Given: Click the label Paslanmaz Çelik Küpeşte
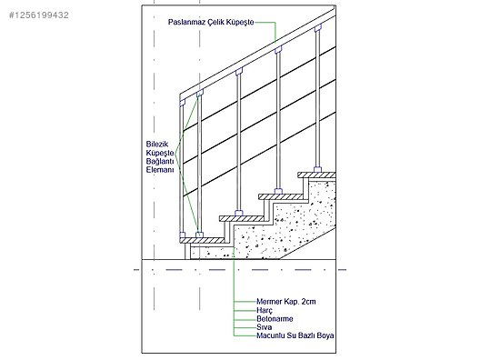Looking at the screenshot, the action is pos(211,22).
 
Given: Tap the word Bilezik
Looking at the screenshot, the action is pos(157,145).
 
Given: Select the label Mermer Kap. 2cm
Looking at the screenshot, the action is pos(286,302).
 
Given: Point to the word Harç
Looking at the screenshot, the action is pos(265,311).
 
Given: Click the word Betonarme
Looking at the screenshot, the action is pos(275,319).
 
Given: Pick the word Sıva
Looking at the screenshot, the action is pos(264,327).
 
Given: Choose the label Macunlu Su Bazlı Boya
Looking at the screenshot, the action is pos(295,335).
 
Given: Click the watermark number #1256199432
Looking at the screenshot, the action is pos(39,15).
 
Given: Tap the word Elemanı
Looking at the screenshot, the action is pos(160,170).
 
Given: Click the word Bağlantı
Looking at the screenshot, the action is pos(160,161).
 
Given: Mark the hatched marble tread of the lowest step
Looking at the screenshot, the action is pos(202,241).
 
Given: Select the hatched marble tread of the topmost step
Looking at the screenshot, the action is pos(316,175).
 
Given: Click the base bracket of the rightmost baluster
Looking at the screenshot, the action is pos(318,170).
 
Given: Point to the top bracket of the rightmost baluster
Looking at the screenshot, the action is pos(318,28).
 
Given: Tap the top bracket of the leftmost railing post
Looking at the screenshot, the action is pos(182,103).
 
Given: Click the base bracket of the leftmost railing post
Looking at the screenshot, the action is pos(182,235).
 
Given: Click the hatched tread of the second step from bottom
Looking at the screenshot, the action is pos(242,218).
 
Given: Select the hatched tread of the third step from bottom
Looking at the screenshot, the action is pos(281,196).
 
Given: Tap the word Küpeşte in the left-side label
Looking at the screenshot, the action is pos(160,153).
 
